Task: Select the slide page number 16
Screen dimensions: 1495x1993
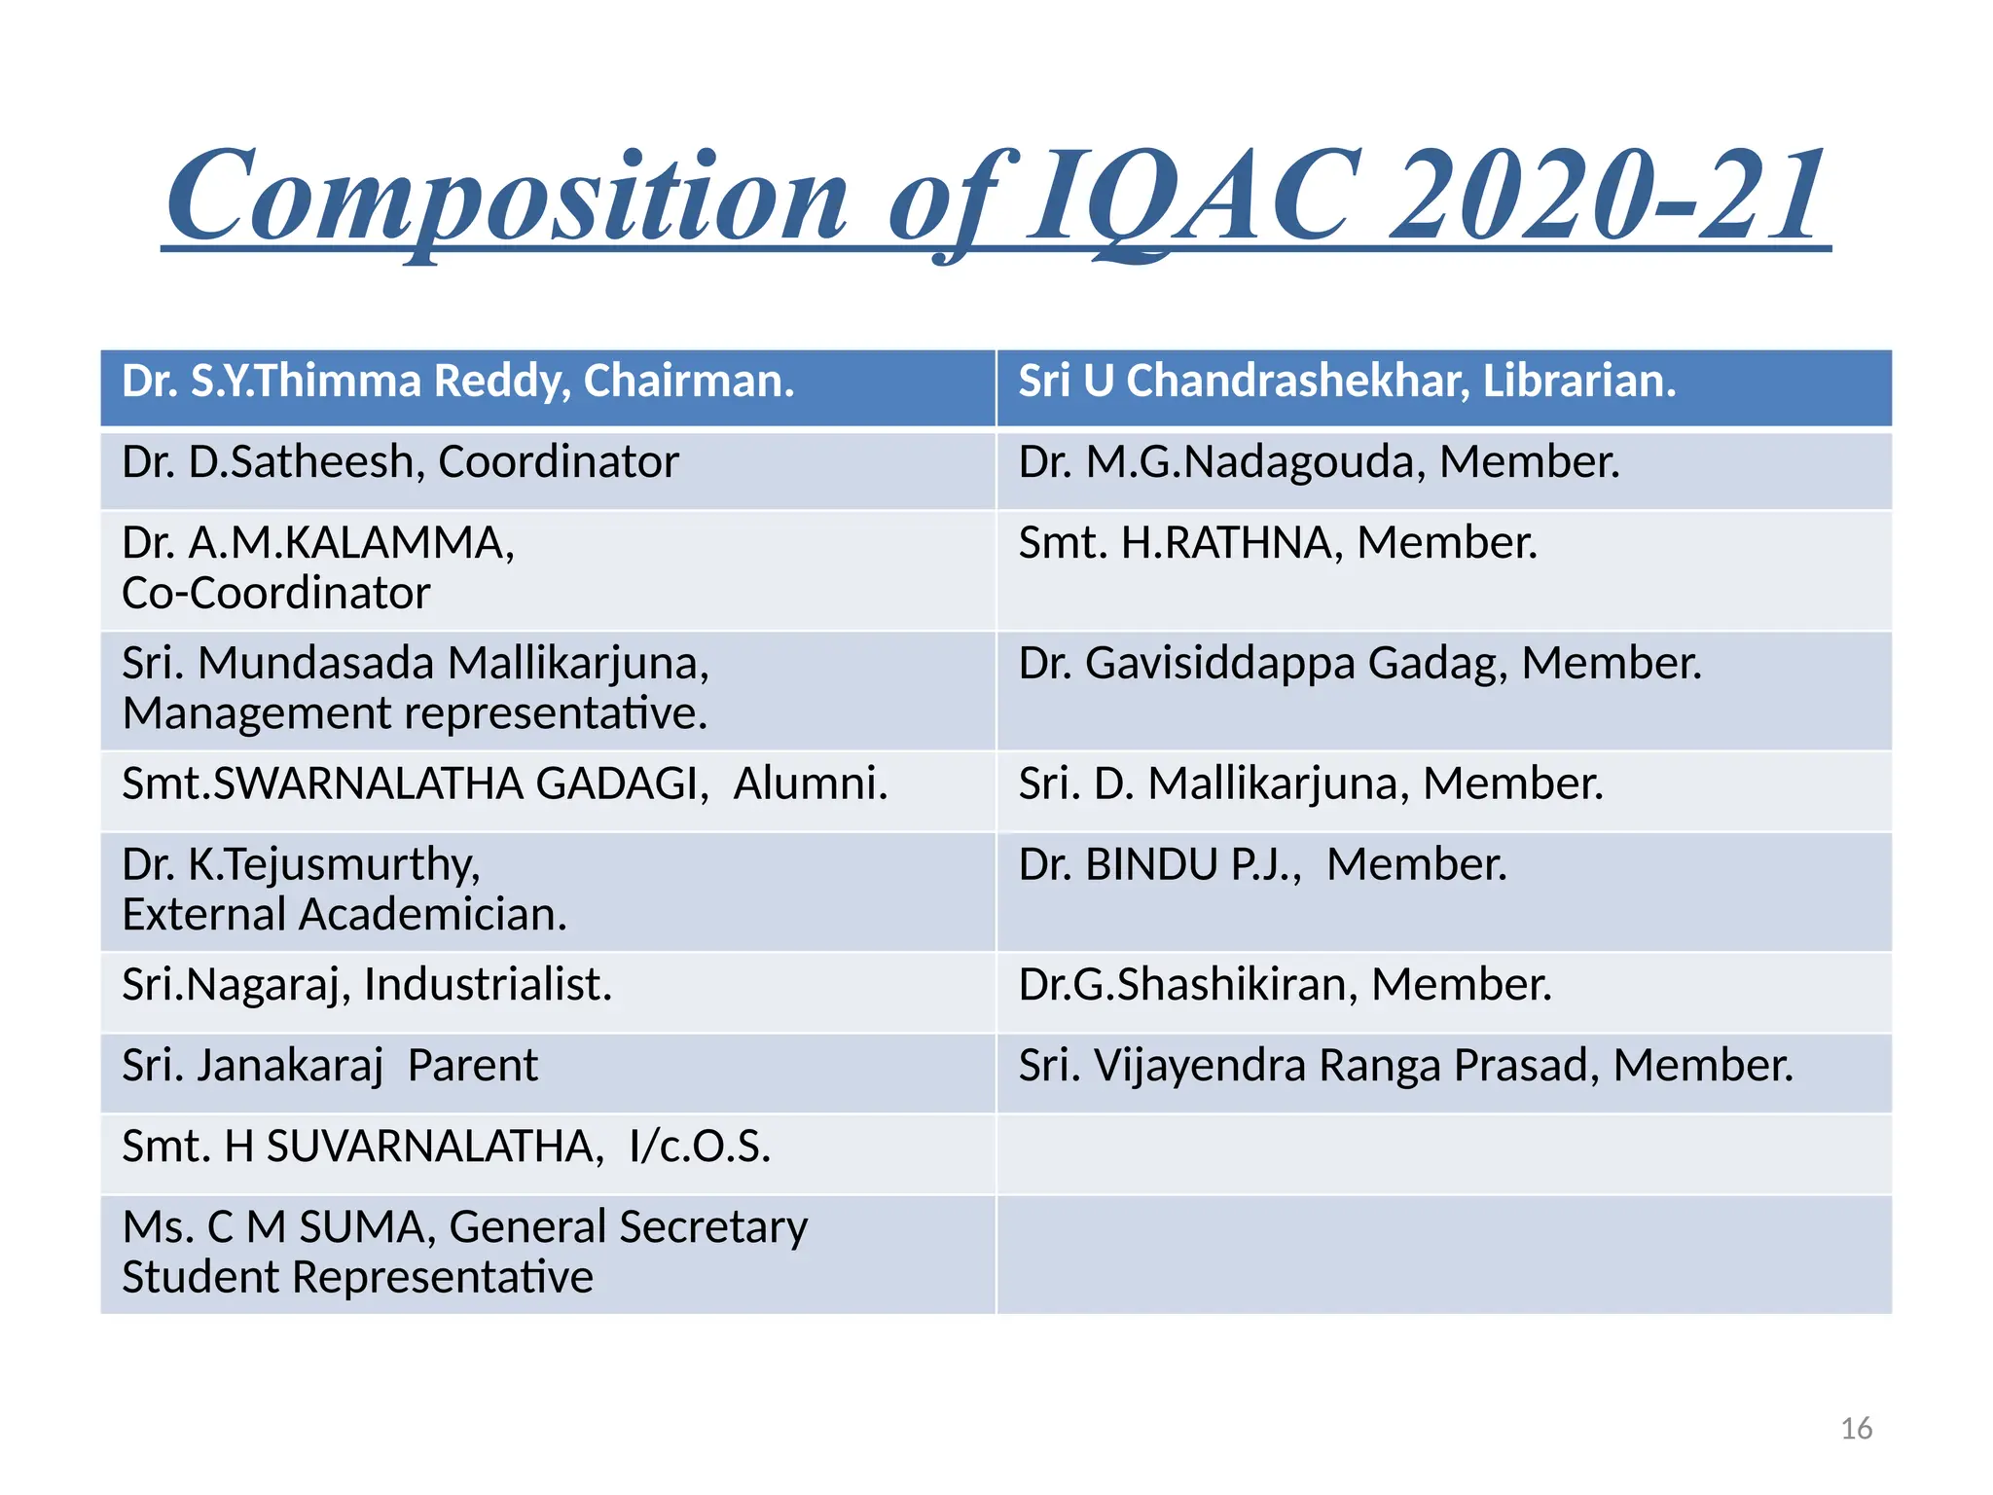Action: coord(1856,1429)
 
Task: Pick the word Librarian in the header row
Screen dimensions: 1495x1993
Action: coord(1578,381)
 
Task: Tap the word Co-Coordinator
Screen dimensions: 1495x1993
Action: coord(276,594)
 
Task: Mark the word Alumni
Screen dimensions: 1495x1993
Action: coord(810,784)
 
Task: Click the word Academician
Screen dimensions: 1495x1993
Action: coord(432,915)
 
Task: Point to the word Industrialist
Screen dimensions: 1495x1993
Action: coord(488,985)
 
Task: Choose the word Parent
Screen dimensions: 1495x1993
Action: coord(472,1066)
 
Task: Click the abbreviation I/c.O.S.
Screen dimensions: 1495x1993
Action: coord(700,1147)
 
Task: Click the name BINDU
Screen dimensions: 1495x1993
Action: coord(1151,865)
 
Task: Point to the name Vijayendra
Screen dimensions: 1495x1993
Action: coord(1200,1066)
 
